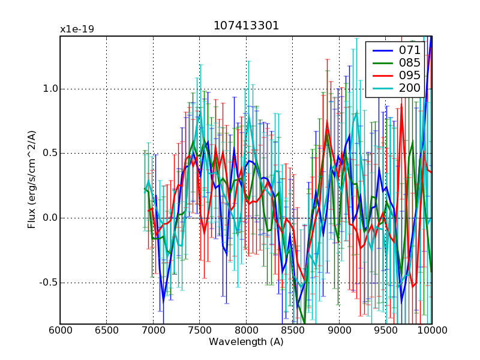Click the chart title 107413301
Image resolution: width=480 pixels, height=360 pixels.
246,26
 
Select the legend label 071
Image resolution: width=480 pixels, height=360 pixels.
410,50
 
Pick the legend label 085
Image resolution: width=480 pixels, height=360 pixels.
410,62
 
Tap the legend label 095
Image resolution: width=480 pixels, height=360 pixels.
410,75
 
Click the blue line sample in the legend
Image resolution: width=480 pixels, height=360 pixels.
382,50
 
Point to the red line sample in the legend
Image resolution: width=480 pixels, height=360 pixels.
382,75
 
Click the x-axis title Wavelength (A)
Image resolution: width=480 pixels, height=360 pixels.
246,342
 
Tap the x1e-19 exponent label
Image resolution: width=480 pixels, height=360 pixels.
77,29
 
